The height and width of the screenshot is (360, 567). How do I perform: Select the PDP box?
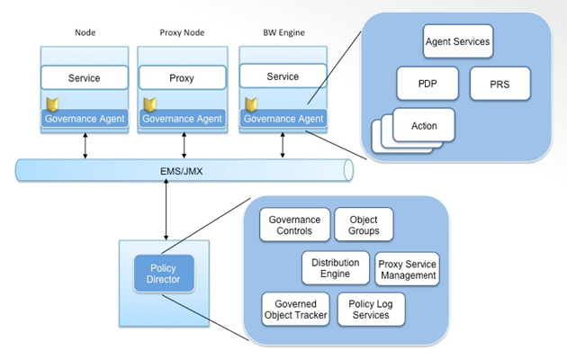[427, 84]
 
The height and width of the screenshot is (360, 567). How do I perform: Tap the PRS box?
[500, 84]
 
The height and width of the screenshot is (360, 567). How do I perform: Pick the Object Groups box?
[363, 225]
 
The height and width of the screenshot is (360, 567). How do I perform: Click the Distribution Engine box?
[335, 267]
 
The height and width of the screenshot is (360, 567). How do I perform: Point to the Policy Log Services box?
[369, 309]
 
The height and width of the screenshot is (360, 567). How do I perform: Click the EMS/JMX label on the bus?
[182, 167]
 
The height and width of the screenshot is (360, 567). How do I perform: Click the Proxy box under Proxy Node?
[182, 78]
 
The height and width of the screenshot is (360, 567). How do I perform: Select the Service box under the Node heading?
[85, 78]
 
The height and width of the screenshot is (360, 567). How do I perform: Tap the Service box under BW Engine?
[283, 77]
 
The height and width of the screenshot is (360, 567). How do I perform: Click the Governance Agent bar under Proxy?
[181, 118]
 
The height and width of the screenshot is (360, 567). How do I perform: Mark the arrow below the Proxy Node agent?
[184, 144]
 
